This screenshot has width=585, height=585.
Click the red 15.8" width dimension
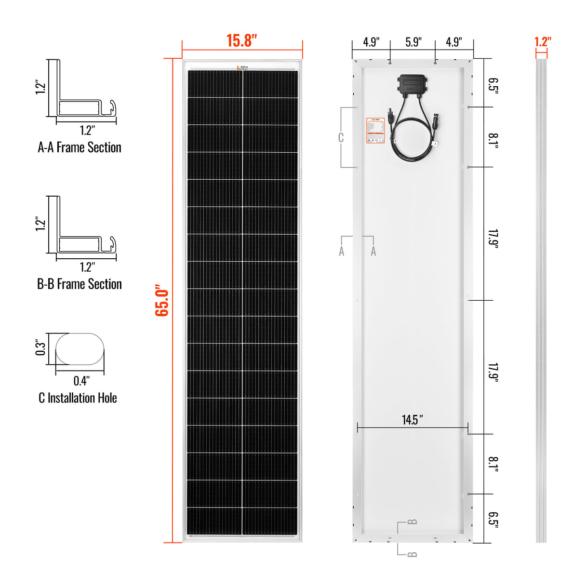(x=242, y=40)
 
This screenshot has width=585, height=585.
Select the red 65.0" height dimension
(x=162, y=300)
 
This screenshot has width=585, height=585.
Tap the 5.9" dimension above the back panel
(x=413, y=42)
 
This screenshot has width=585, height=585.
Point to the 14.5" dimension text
(x=412, y=420)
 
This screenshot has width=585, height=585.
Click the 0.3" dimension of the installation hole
(x=40, y=348)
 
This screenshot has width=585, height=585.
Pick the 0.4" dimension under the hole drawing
(x=81, y=381)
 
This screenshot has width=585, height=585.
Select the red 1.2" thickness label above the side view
(x=542, y=42)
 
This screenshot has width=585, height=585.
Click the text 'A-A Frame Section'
(x=80, y=147)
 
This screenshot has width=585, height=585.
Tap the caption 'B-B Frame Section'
(x=80, y=284)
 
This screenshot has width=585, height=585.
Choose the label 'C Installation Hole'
(x=78, y=398)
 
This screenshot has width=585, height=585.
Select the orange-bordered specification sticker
(x=375, y=131)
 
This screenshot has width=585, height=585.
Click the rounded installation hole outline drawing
(x=80, y=348)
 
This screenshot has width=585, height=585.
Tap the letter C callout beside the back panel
(x=341, y=138)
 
